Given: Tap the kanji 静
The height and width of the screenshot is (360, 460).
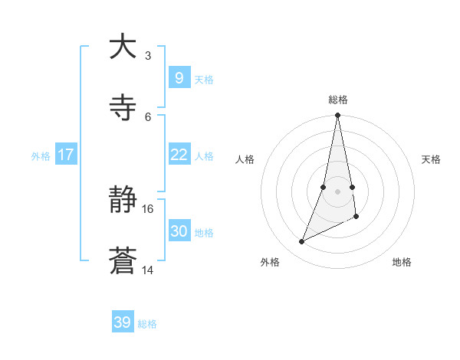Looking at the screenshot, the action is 123,201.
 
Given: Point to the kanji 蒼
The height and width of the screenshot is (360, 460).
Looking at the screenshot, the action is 123,262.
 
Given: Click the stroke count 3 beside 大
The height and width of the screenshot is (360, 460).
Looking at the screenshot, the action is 148,55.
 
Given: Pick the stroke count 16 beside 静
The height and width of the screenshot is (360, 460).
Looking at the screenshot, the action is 148,208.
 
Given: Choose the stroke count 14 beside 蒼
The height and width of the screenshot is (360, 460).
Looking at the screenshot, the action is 148,270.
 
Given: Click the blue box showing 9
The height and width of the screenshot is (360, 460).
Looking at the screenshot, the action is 179,77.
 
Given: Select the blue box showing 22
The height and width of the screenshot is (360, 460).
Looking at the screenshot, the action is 179,155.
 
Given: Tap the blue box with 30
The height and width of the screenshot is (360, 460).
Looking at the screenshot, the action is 179,231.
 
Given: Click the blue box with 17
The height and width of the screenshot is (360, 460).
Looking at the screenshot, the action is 66,155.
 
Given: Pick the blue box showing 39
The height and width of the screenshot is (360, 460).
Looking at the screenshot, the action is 123,322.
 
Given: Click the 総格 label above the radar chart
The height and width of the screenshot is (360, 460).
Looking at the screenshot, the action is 338,100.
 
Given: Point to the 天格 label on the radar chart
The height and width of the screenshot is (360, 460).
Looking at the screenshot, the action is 432,159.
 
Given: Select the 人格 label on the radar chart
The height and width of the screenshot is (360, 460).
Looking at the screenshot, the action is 245,159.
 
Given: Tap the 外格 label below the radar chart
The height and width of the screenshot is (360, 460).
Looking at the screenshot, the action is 270,262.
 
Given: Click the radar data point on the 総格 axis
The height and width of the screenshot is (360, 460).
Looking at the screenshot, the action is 338,115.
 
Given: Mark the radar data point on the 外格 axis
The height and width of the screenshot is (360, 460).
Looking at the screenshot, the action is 302,241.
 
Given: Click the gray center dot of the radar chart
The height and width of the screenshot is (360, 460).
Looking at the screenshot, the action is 338,191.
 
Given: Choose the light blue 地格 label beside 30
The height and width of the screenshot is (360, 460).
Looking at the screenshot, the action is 204,232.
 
